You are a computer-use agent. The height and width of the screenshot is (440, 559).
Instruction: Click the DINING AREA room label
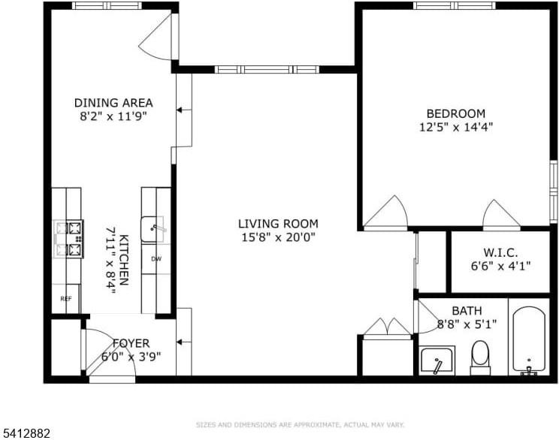113,103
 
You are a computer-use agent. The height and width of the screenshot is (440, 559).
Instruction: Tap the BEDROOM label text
452,113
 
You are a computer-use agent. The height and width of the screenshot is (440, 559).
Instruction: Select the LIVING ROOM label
278,224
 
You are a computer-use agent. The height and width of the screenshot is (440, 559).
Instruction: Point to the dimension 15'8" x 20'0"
278,237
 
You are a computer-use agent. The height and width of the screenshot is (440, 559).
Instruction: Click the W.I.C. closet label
500,254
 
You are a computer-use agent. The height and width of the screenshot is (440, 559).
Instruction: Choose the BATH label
467,311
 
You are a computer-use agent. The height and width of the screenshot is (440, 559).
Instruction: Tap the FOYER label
131,343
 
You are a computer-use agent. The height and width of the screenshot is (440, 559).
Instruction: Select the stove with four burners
68,239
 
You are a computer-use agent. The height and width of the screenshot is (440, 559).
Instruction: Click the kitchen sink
155,228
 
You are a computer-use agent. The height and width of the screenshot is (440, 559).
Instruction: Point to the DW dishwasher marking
156,259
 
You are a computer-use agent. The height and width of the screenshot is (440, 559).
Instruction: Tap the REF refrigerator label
66,299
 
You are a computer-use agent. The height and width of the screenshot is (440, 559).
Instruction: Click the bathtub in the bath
530,339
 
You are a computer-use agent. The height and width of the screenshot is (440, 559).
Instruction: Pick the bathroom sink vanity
437,361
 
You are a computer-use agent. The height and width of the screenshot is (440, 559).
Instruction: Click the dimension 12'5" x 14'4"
456,127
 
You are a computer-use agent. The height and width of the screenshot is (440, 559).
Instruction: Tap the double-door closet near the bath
386,329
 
